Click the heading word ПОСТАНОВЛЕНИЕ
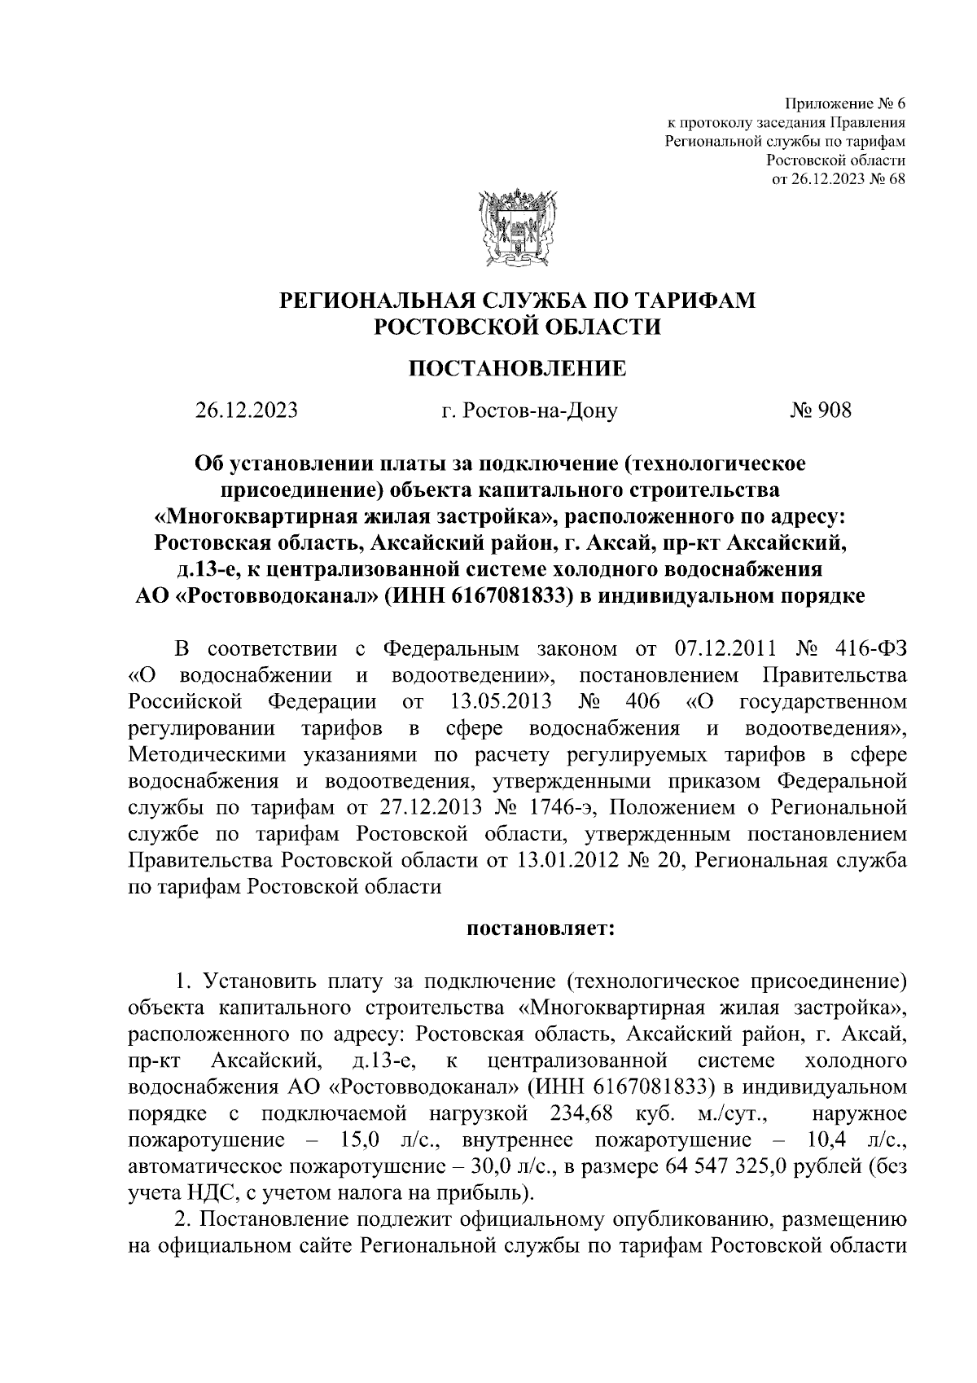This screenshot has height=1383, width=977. click(x=517, y=369)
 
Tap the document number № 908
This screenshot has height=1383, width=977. click(x=820, y=410)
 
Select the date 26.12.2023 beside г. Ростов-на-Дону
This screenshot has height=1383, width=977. click(x=246, y=410)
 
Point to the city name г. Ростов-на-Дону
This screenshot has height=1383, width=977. click(x=529, y=411)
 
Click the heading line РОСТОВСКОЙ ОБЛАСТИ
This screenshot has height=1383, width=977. click(x=517, y=327)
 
